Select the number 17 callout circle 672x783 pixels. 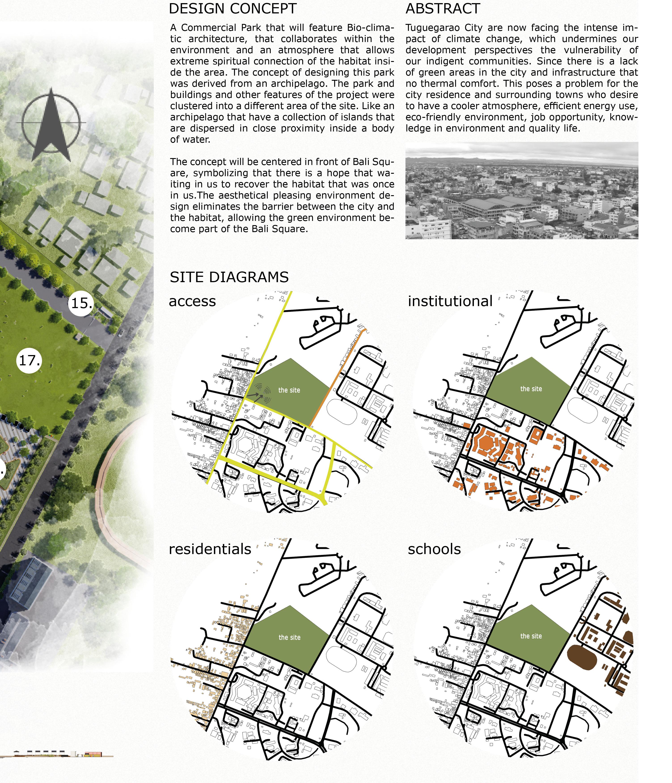point(29,360)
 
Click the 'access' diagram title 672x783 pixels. point(192,301)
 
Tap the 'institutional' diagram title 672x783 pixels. point(450,301)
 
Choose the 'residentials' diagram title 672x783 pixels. point(210,549)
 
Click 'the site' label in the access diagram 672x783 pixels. point(289,390)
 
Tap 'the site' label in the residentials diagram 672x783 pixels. point(289,637)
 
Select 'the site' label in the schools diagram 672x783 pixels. point(531,636)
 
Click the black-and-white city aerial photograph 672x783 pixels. point(521,190)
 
